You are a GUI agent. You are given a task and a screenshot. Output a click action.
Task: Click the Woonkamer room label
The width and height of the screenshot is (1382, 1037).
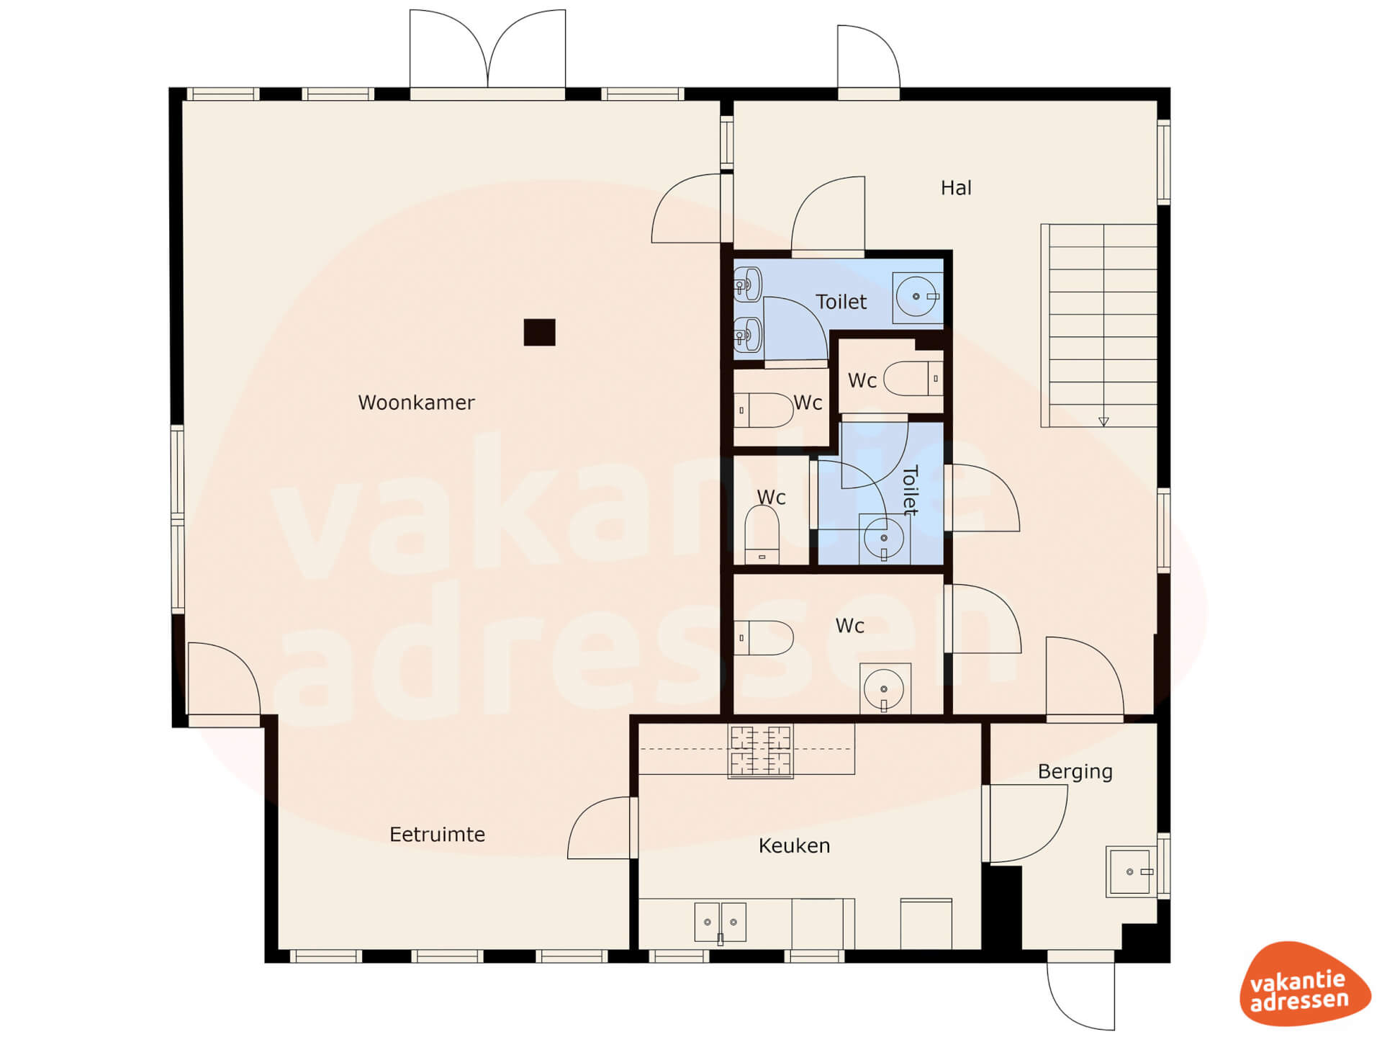click(x=416, y=402)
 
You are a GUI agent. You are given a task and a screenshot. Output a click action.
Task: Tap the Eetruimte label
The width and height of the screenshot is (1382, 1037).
click(x=437, y=834)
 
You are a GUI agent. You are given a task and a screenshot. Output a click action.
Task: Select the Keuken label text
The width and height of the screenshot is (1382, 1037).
click(x=794, y=845)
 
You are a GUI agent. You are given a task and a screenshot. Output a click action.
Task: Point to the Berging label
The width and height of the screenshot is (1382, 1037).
click(x=1075, y=772)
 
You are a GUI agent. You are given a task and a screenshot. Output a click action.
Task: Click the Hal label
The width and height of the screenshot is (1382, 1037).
click(x=956, y=188)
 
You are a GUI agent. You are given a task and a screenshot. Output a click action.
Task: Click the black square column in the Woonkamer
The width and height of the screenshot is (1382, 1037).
click(x=539, y=332)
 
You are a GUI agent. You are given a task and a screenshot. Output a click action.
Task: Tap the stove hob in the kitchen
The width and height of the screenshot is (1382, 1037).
click(x=760, y=751)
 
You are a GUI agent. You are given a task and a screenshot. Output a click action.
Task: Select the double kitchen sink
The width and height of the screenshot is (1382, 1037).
click(x=720, y=922)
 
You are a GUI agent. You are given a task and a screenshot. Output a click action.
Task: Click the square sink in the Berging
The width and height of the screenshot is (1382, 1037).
click(x=1131, y=871)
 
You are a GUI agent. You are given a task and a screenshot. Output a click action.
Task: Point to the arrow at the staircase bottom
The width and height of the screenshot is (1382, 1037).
click(x=1103, y=421)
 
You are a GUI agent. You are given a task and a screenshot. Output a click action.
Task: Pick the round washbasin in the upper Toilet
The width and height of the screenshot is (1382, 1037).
click(x=917, y=297)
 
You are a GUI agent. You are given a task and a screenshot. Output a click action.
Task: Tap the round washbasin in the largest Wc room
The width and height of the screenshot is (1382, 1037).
click(x=885, y=689)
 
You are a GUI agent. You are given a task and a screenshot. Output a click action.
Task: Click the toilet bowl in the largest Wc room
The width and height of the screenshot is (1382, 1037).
click(x=763, y=637)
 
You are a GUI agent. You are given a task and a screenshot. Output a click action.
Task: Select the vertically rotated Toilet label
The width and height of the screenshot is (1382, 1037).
click(x=911, y=490)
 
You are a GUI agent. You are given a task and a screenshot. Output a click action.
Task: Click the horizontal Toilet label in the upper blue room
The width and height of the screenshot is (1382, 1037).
click(x=841, y=302)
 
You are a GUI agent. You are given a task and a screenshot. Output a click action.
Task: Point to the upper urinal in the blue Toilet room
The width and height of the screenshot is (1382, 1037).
click(x=748, y=285)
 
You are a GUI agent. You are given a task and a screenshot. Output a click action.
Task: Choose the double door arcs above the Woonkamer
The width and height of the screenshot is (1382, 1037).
click(x=487, y=50)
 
